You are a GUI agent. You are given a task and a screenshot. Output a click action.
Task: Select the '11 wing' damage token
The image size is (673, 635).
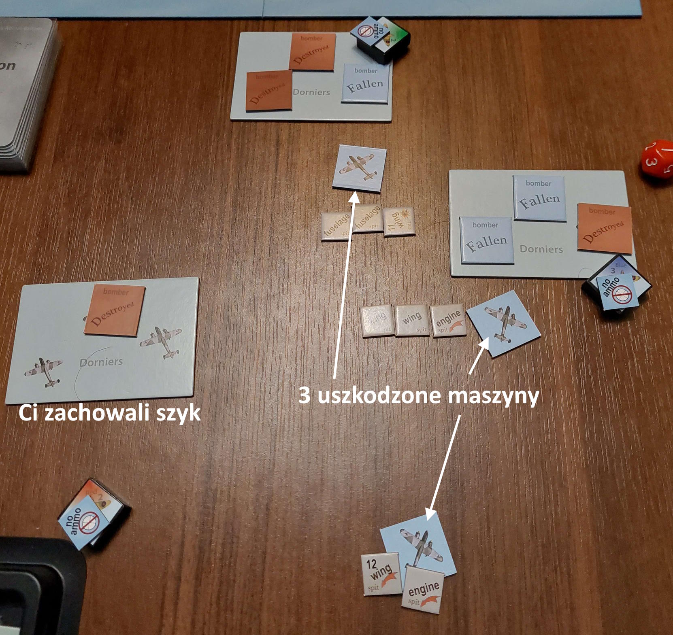click(x=399, y=222)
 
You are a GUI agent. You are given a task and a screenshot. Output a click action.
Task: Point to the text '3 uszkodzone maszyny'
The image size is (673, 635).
click(x=419, y=395)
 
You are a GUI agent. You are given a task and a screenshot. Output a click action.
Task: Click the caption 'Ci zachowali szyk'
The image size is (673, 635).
click(x=109, y=413)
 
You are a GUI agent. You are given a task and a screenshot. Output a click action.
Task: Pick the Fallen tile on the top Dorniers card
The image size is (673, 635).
click(x=366, y=83)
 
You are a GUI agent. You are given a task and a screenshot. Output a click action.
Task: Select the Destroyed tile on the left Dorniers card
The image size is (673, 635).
click(x=114, y=310)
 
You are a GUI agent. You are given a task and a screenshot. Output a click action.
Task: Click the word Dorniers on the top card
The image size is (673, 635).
click(x=311, y=92)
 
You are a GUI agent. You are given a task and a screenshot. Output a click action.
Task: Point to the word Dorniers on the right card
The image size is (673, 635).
click(x=541, y=249)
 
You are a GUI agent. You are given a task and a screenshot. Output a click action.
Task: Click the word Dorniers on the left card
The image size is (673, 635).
click(x=101, y=361)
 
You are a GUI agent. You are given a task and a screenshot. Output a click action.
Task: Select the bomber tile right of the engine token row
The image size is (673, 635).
click(x=503, y=323)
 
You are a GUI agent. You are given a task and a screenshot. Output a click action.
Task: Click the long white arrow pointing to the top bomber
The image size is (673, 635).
click(x=344, y=283)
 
